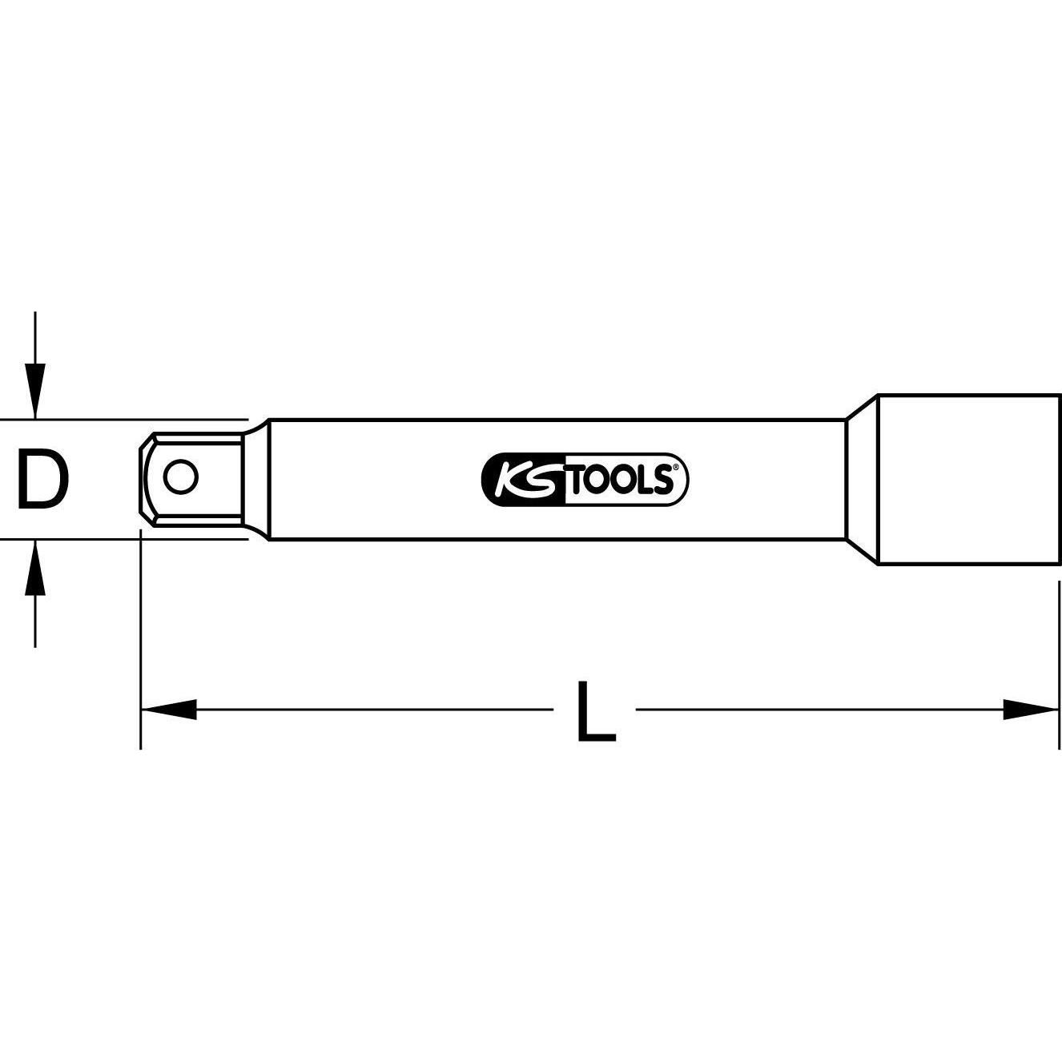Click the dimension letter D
[42, 480]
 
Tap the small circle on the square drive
[180, 478]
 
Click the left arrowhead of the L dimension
[168, 709]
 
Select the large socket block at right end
[969, 480]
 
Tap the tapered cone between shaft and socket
[862, 480]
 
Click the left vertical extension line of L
[141, 641]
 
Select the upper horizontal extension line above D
[120, 419]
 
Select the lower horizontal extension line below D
[120, 540]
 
